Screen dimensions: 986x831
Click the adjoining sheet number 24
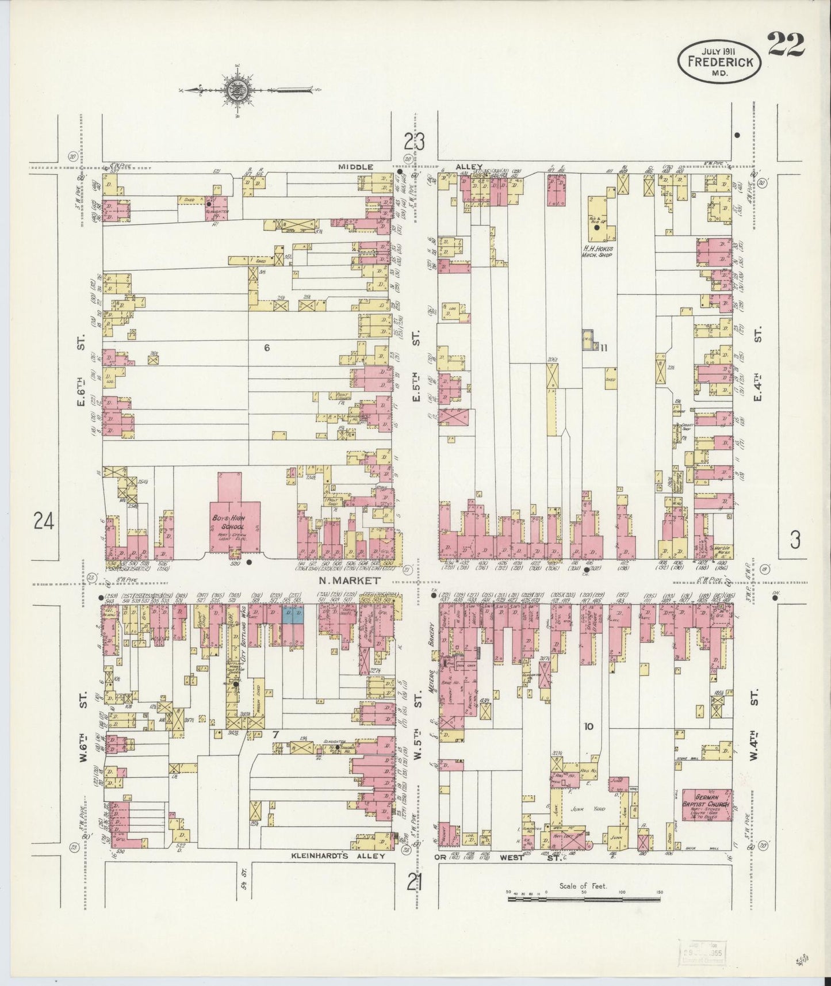point(44,522)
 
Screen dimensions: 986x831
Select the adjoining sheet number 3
point(795,540)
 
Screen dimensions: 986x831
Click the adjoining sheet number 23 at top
point(415,142)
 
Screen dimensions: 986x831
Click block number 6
point(266,347)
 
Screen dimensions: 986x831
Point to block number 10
point(588,727)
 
